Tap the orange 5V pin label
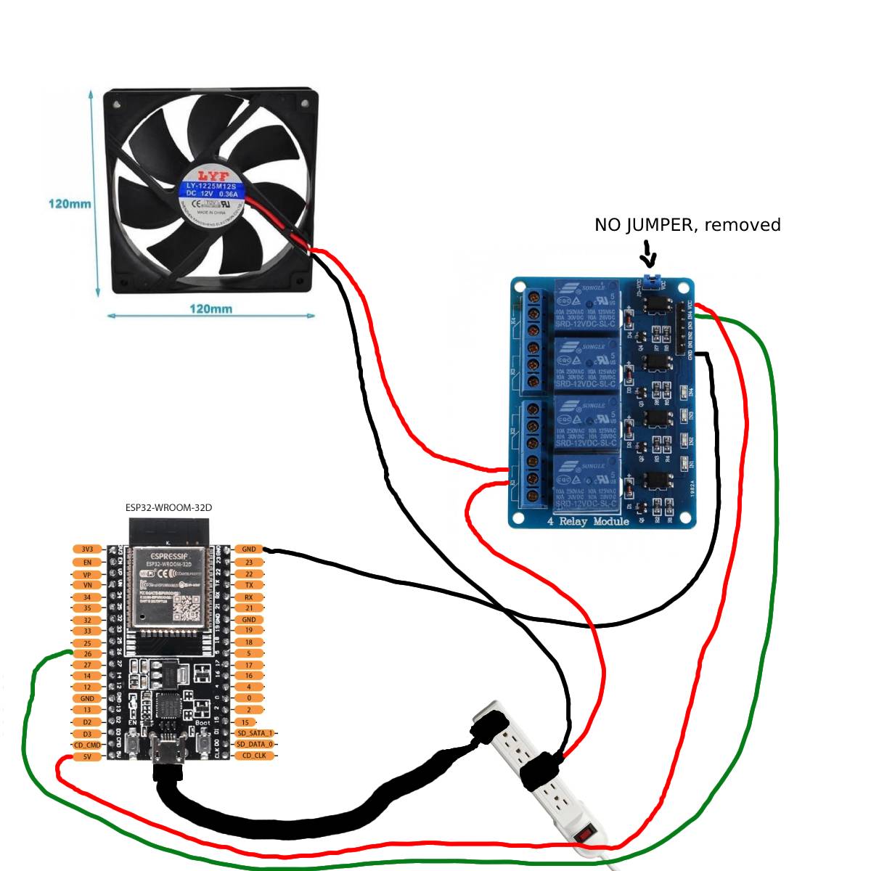[x=87, y=756]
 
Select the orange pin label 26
[x=87, y=654]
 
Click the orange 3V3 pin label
[x=87, y=549]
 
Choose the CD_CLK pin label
[x=254, y=756]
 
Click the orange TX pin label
[x=249, y=585]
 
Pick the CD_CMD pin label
[x=87, y=745]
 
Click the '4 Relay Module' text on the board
[x=588, y=521]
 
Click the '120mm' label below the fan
[x=210, y=308]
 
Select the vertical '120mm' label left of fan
[x=70, y=203]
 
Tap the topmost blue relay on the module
[x=586, y=305]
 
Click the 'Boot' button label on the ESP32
[x=203, y=723]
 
